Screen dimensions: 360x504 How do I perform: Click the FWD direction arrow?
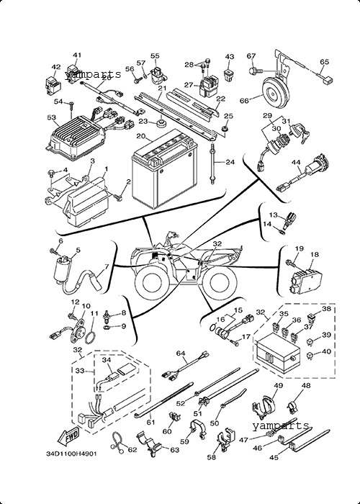coord(68,437)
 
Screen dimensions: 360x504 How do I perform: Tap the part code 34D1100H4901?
coord(71,454)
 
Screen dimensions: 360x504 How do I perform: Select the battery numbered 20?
coord(165,168)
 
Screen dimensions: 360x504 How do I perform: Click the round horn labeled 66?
coord(274,94)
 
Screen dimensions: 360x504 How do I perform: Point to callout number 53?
coord(51,117)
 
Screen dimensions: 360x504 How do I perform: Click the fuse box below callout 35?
coord(278,354)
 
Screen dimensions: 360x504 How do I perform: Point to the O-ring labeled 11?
coord(91,338)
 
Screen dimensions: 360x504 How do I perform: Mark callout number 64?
coord(181,354)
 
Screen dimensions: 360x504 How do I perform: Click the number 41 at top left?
coord(77,55)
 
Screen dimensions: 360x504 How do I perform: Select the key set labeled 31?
coord(300,132)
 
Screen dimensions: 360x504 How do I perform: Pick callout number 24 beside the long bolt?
coord(230,162)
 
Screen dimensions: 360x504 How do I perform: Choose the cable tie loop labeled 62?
coord(117,443)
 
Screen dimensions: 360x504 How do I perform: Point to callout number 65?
coord(325,62)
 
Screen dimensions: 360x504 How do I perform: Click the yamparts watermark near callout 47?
coord(281,426)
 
